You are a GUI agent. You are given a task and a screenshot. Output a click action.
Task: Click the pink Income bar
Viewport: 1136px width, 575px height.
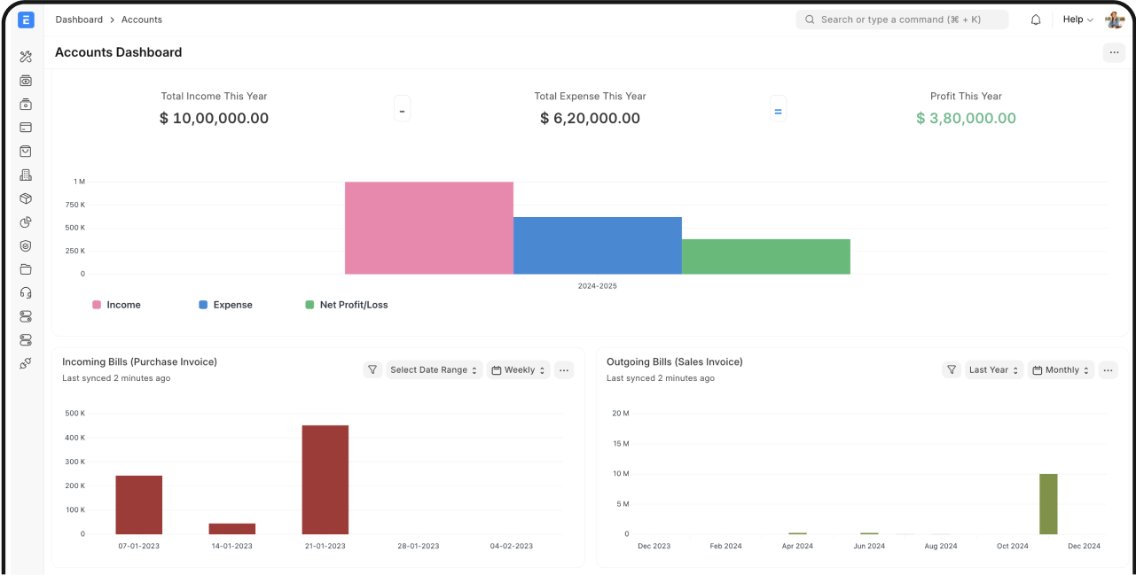click(429, 228)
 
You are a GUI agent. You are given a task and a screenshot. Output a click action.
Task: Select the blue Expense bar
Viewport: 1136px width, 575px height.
click(598, 245)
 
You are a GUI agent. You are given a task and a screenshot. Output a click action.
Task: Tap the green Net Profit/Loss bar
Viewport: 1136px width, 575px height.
click(766, 256)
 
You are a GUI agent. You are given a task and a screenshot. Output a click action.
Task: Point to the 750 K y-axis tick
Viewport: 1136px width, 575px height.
click(76, 205)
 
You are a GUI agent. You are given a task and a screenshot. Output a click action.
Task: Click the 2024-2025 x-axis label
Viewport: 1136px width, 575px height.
click(597, 286)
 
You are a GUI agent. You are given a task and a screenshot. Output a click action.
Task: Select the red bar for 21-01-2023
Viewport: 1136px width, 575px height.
click(325, 479)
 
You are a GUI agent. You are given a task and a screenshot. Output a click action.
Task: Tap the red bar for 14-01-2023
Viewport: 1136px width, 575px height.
click(231, 528)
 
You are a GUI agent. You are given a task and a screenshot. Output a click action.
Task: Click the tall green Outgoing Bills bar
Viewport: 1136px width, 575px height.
click(1048, 503)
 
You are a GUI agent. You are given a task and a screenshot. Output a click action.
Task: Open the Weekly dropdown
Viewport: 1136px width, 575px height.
click(519, 370)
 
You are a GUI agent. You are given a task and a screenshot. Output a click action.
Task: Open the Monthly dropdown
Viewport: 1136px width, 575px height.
click(1061, 370)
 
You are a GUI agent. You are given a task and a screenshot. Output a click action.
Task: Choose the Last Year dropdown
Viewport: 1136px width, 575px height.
click(993, 370)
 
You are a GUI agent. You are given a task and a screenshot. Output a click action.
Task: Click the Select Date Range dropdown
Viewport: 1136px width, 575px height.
click(435, 370)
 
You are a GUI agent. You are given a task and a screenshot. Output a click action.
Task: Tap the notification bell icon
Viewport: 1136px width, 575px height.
click(1036, 19)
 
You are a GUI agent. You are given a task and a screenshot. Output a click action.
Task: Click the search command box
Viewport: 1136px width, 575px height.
click(902, 19)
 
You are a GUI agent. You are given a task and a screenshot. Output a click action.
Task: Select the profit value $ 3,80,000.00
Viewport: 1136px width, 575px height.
click(966, 118)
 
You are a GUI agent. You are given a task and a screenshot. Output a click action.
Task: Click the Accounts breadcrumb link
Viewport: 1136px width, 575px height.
click(142, 19)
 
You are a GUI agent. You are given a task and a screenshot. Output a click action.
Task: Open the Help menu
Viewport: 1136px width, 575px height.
click(1077, 19)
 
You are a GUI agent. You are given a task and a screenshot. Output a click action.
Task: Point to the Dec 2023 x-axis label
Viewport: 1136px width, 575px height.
click(654, 546)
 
